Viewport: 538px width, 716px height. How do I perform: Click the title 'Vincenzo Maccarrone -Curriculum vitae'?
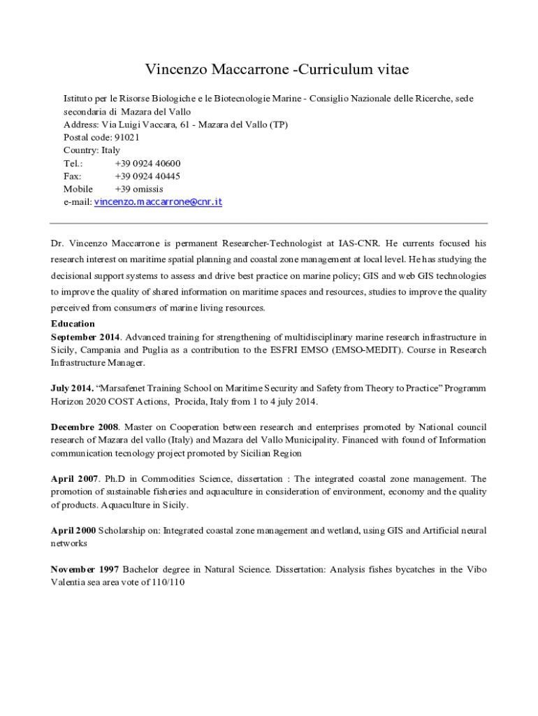[277, 70]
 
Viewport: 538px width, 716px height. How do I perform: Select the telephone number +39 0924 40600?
[147, 164]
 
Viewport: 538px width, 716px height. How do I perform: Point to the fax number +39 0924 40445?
[147, 176]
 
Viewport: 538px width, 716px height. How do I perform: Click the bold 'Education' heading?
[73, 324]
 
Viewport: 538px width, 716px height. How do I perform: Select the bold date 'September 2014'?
[85, 337]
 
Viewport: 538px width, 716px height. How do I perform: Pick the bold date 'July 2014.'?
[72, 388]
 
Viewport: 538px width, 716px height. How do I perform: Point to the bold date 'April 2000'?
[73, 531]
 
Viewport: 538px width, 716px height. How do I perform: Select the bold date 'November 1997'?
[85, 570]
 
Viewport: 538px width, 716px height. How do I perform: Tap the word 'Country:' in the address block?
[82, 150]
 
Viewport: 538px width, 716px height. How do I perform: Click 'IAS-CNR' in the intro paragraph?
[360, 244]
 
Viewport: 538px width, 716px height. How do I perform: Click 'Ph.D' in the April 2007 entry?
[115, 479]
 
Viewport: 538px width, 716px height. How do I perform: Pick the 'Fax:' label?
[73, 176]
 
